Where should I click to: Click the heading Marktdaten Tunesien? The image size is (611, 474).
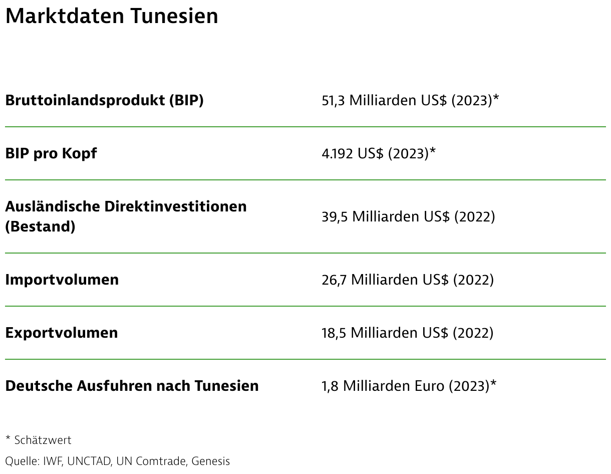(112, 16)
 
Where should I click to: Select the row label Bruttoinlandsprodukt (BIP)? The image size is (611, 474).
(104, 100)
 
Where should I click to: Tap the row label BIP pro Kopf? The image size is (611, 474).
(51, 153)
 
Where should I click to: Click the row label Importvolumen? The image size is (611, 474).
(62, 279)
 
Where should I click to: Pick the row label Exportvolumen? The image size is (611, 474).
(62, 333)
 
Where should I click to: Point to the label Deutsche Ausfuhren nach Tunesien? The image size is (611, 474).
(132, 386)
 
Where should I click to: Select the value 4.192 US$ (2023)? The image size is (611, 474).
(375, 153)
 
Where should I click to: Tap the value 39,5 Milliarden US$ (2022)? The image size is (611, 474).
(408, 216)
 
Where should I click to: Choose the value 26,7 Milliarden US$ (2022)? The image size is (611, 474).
(408, 279)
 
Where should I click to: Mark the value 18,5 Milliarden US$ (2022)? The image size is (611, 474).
(407, 333)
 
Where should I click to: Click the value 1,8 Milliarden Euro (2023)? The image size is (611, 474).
(405, 386)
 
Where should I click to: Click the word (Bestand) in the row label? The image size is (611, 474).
(40, 226)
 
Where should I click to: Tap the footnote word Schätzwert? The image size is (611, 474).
(43, 440)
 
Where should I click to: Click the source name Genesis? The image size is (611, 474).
(211, 461)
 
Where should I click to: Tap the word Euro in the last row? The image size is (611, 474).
(430, 386)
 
